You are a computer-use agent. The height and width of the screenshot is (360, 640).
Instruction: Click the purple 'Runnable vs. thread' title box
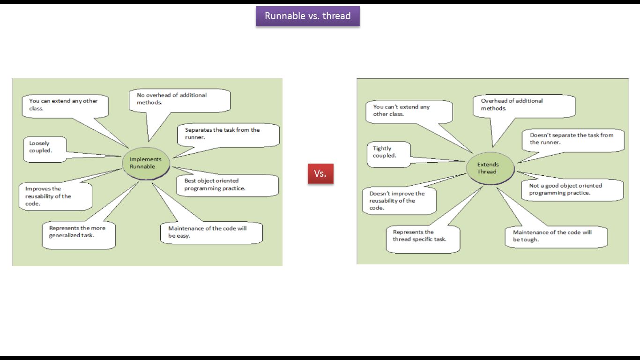307,16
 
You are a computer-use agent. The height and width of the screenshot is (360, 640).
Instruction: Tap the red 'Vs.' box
320,173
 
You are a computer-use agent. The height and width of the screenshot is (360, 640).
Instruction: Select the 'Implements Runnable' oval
145,163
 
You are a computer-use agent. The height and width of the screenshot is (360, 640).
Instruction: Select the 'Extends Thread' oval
489,168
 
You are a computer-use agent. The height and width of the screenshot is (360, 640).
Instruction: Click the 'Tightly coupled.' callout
388,154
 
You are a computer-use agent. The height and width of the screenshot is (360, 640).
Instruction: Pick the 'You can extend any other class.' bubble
65,106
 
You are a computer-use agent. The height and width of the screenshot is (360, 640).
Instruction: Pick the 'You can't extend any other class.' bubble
409,112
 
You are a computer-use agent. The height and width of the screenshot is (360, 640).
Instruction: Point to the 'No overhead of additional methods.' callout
179,100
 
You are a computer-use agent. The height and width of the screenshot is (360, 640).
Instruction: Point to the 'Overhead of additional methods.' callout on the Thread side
523,106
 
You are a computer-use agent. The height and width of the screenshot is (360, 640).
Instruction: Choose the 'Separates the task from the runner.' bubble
228,135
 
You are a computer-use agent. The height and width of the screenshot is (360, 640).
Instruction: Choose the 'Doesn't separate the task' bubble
573,140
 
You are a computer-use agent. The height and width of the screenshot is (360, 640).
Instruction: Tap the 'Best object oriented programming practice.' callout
227,185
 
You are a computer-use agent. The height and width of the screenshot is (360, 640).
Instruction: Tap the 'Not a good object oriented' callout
572,190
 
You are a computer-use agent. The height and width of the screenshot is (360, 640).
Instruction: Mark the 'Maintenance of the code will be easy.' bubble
211,233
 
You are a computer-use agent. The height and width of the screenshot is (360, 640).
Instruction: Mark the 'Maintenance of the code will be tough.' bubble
556,237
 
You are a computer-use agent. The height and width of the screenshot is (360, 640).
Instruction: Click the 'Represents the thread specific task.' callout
423,240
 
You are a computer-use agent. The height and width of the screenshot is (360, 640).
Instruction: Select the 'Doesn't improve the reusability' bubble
399,201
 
